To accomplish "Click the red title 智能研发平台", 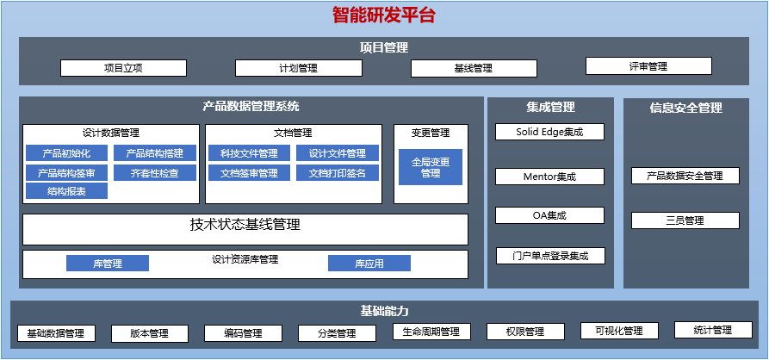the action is tap(384, 16).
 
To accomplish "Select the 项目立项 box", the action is tap(124, 68).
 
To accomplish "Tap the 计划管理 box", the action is tap(299, 68).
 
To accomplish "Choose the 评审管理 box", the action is tap(648, 66).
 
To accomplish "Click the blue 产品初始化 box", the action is tap(66, 153).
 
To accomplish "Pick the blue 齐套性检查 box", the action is tap(155, 172).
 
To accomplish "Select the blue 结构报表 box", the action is tap(66, 191).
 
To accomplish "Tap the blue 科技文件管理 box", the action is tap(250, 153).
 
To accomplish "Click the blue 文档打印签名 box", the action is tap(338, 172).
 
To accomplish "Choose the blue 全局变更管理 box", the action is tap(431, 167).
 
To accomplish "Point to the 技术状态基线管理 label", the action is tap(245, 225).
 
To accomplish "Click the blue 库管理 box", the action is tap(108, 264).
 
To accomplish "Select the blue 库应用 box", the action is tap(369, 264).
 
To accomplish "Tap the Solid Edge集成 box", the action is tap(549, 132).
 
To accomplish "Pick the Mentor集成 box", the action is tap(549, 177).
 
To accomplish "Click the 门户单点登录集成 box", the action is tap(550, 256).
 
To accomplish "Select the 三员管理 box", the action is tap(685, 220).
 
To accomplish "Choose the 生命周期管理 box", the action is tap(432, 332).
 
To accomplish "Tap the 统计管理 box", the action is tap(713, 330).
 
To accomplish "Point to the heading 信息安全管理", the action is tap(686, 108).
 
